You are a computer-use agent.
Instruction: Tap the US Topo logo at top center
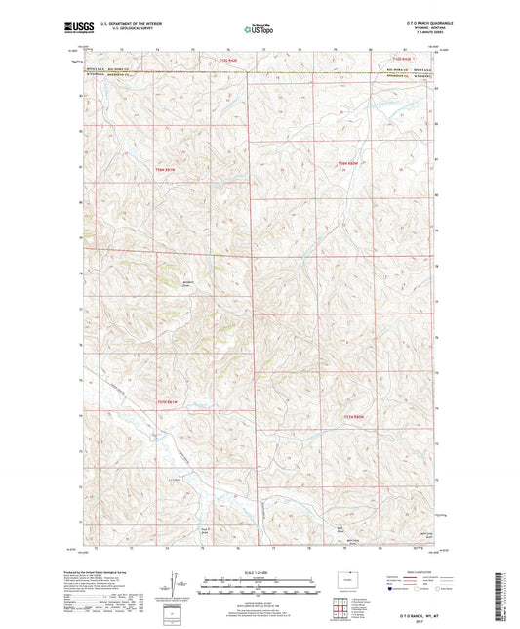[260, 30]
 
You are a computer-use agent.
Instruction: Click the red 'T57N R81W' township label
[168, 401]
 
